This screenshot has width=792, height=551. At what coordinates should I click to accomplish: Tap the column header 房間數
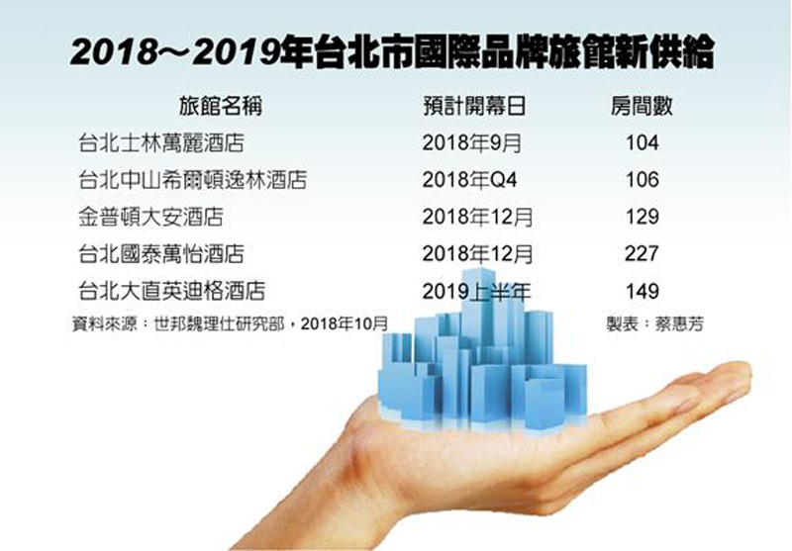[641, 107]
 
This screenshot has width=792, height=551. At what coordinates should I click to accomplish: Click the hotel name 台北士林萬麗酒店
[157, 143]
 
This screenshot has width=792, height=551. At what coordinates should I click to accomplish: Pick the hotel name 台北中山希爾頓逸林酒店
[192, 180]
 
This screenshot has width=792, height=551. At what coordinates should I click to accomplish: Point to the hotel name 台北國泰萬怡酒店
[157, 253]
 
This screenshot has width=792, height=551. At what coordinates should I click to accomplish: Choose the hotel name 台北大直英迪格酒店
[170, 290]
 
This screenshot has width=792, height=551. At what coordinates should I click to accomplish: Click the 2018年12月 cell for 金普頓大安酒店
[477, 217]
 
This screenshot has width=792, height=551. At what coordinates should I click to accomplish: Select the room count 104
[642, 143]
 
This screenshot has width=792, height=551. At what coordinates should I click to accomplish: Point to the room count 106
[642, 180]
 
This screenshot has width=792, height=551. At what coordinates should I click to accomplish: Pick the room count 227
[642, 253]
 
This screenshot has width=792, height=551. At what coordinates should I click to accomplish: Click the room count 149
[642, 290]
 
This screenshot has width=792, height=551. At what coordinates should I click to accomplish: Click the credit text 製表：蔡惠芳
[654, 323]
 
